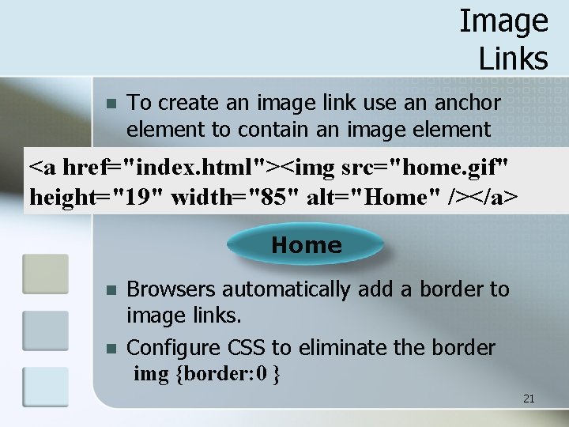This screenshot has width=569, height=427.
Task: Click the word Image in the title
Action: [x=503, y=21]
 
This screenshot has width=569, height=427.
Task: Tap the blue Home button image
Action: [x=306, y=245]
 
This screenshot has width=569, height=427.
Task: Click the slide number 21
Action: [x=529, y=399]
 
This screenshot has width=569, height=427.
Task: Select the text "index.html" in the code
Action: [x=202, y=168]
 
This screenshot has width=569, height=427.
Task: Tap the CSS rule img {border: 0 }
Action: [x=207, y=373]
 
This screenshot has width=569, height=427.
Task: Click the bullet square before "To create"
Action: [x=111, y=104]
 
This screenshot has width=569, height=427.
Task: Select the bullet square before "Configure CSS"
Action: [x=111, y=348]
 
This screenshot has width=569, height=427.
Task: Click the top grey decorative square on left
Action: [x=45, y=274]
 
